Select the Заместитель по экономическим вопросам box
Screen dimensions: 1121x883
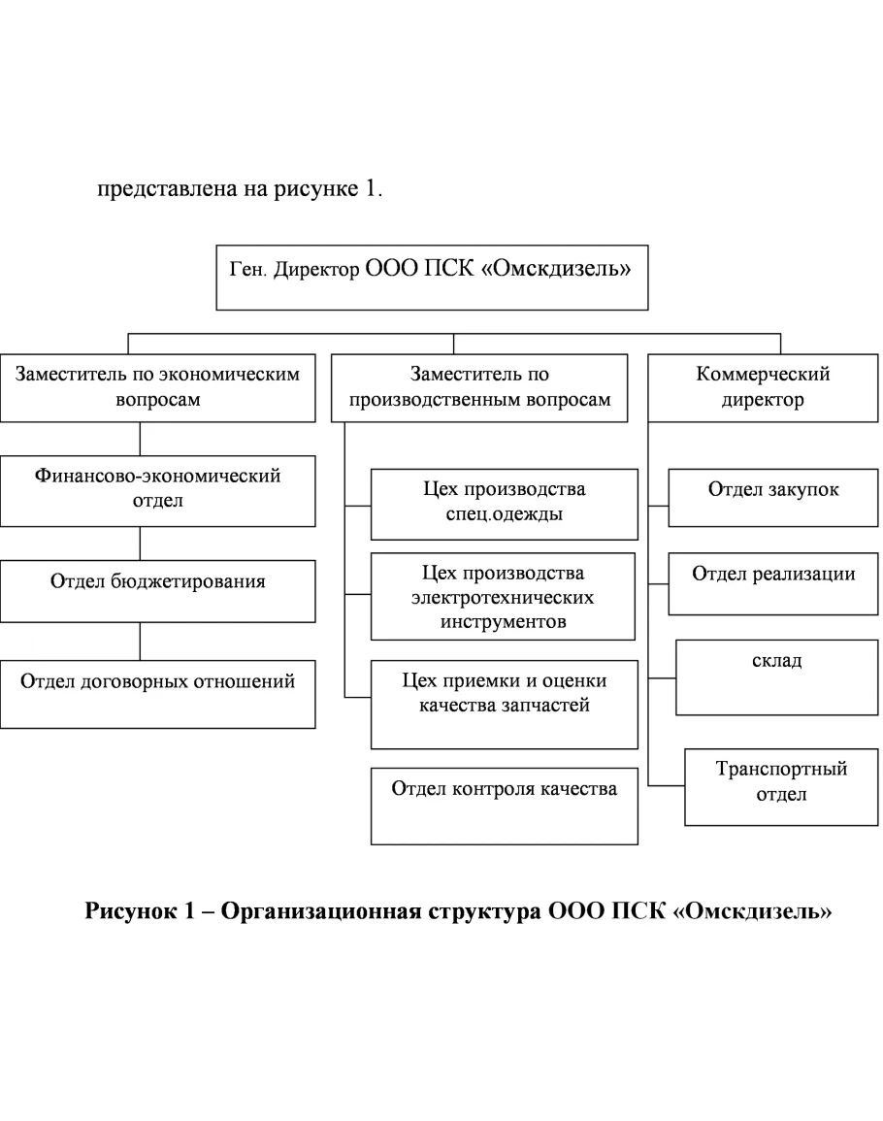point(157,387)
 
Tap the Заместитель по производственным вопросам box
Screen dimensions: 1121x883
point(479,387)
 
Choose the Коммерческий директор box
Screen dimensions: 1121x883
point(763,387)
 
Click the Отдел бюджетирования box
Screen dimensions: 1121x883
point(157,590)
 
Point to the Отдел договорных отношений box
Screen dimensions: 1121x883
point(157,693)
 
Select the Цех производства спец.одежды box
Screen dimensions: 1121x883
point(504,504)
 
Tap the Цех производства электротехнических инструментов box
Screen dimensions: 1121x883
point(504,596)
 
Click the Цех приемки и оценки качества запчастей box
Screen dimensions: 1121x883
point(504,704)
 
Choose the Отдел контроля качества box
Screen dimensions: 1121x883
point(504,805)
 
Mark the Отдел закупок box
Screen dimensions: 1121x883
point(772,498)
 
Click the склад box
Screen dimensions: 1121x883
point(776,676)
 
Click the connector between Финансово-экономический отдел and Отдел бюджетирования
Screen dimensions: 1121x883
point(140,544)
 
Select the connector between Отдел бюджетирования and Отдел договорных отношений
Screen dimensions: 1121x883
point(140,641)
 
